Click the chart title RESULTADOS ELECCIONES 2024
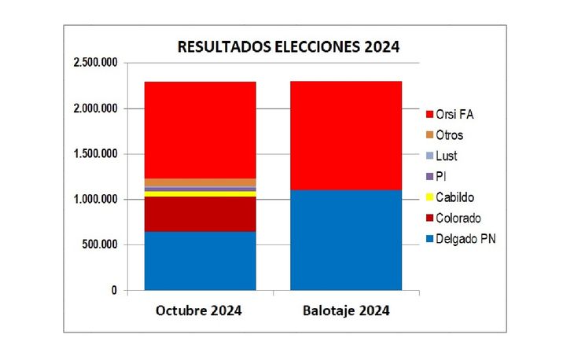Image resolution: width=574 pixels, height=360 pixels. [x=289, y=46]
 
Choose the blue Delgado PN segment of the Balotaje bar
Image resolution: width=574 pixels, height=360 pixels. [x=345, y=240]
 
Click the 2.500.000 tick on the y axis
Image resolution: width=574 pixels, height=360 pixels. [x=94, y=62]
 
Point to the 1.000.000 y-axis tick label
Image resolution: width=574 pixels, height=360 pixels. [x=94, y=199]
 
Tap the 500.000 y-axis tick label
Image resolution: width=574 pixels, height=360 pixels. [x=100, y=244]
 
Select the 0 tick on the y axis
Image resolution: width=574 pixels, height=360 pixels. [x=114, y=291]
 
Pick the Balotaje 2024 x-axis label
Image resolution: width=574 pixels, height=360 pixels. [x=345, y=310]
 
